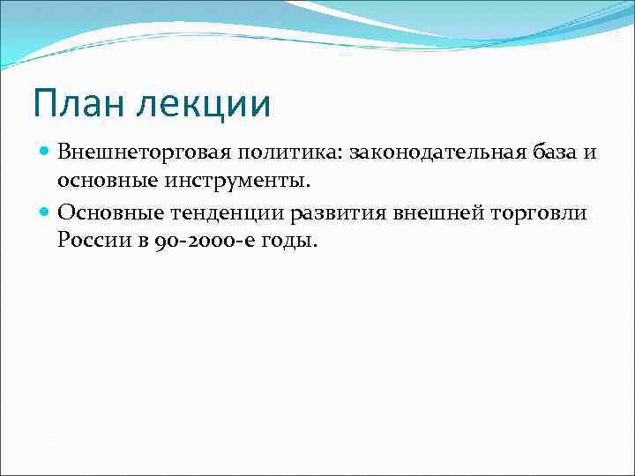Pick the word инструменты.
(235, 181)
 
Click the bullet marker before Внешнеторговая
(45, 152)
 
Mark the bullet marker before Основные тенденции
(45, 212)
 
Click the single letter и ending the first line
(589, 153)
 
